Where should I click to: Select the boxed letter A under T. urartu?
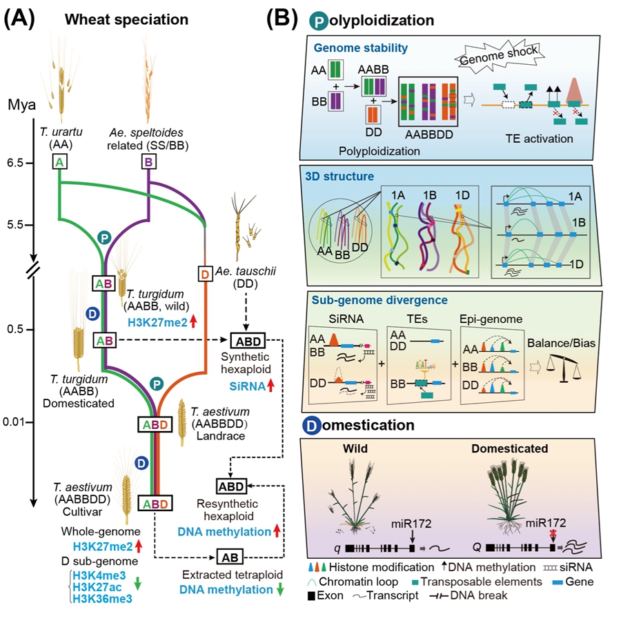(60, 161)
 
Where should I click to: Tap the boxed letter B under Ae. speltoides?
(148, 162)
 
